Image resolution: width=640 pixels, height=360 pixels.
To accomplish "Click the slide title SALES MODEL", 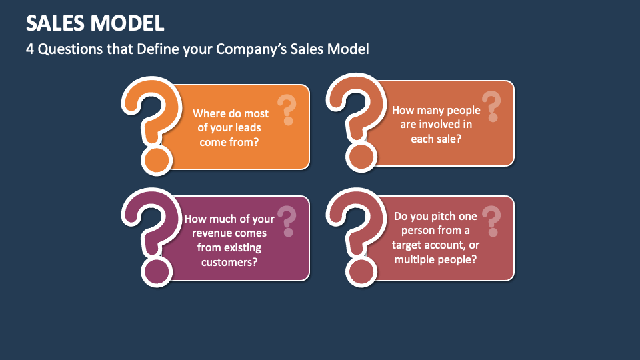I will [95, 23].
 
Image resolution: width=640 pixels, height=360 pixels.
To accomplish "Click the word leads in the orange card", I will [247, 127].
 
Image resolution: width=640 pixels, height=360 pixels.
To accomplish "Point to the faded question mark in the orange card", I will [287, 109].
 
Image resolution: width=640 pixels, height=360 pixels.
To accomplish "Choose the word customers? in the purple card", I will [229, 261].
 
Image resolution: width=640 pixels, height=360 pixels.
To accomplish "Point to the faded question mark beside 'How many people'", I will [491, 106].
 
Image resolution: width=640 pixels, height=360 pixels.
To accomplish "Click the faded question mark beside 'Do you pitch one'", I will [491, 220].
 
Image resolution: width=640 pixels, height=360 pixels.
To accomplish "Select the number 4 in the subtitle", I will [30, 49].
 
